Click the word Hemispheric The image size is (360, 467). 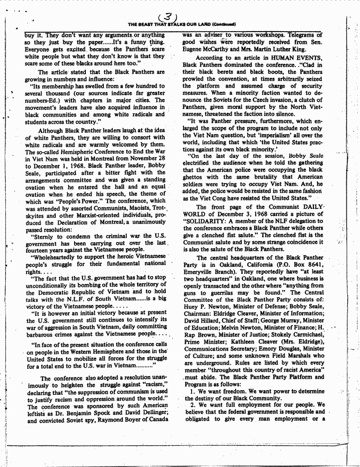click(79, 152)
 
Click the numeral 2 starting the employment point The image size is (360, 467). click(192, 404)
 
